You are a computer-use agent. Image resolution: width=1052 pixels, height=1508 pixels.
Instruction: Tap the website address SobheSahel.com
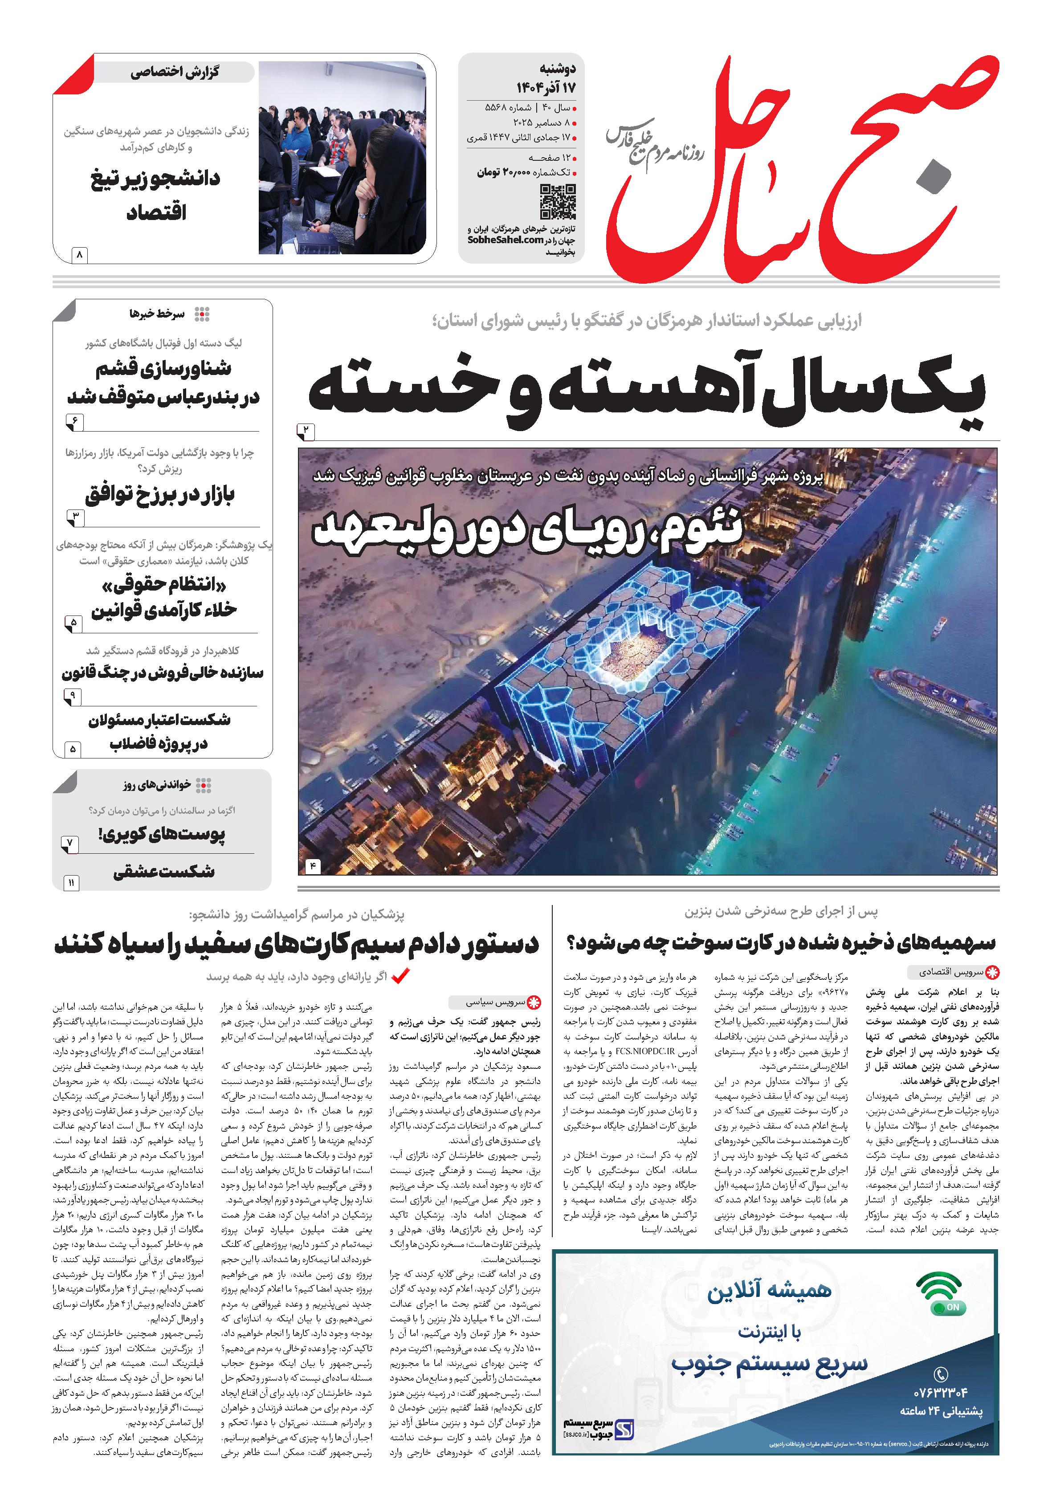tap(506, 240)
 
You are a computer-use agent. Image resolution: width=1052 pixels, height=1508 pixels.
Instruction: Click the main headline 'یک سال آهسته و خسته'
tap(647, 391)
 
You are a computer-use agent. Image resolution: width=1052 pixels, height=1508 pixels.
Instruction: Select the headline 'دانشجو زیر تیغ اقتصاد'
tap(155, 195)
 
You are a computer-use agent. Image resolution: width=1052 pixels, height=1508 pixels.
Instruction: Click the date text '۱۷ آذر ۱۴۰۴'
tap(545, 87)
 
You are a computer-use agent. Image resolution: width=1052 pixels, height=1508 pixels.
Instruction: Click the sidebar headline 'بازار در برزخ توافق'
tap(159, 494)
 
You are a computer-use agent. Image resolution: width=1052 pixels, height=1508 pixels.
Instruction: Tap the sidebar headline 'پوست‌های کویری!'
tap(162, 835)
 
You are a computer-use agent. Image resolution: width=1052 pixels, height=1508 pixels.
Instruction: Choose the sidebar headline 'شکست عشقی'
tap(164, 872)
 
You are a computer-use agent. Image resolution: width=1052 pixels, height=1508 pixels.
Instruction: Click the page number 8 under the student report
tap(79, 253)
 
